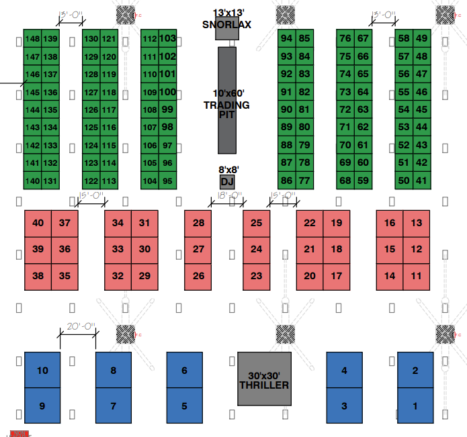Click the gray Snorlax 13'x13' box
pos(227,30)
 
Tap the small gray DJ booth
pos(227,182)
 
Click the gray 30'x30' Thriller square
pos(264,379)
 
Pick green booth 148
pos(32,38)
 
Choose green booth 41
pos(421,180)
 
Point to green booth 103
pos(168,38)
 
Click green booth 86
pos(286,180)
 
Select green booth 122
pos(91,181)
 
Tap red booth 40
pos(38,223)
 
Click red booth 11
pos(417,276)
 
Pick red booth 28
pos(198,223)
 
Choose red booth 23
pos(256,276)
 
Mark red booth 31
pos(144,223)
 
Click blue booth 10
pos(42,370)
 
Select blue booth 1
pos(415,406)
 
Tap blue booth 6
pos(184,370)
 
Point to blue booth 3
pos(344,406)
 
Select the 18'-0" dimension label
pos(229,196)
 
